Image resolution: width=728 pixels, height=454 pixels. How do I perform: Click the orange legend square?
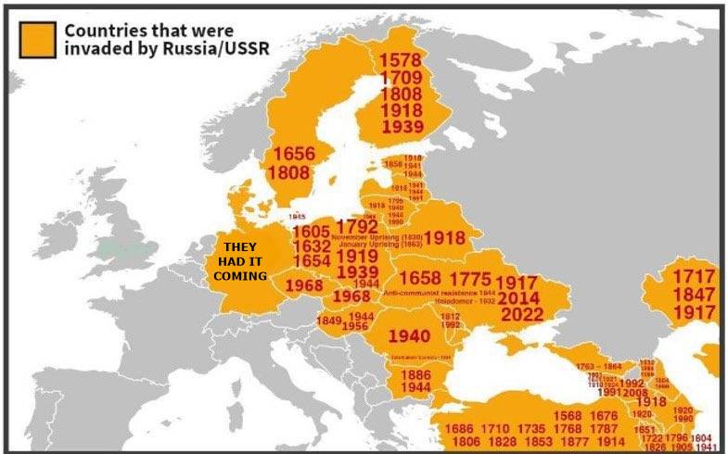click(x=39, y=38)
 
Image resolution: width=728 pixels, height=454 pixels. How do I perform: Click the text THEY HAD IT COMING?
click(x=239, y=261)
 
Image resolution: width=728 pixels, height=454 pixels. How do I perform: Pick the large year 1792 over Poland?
click(x=356, y=226)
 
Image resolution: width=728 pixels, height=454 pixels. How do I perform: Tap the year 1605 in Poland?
click(x=311, y=232)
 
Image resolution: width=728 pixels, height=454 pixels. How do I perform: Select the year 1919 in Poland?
click(x=356, y=255)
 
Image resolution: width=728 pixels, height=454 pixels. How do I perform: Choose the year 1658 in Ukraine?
click(x=419, y=279)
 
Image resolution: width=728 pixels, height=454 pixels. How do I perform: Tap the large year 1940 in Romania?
click(x=409, y=336)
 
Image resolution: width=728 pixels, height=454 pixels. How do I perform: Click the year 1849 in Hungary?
click(x=330, y=321)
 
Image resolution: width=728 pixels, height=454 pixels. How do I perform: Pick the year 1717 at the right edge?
click(x=694, y=276)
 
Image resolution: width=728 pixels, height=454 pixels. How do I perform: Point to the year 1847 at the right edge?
click(x=694, y=295)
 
